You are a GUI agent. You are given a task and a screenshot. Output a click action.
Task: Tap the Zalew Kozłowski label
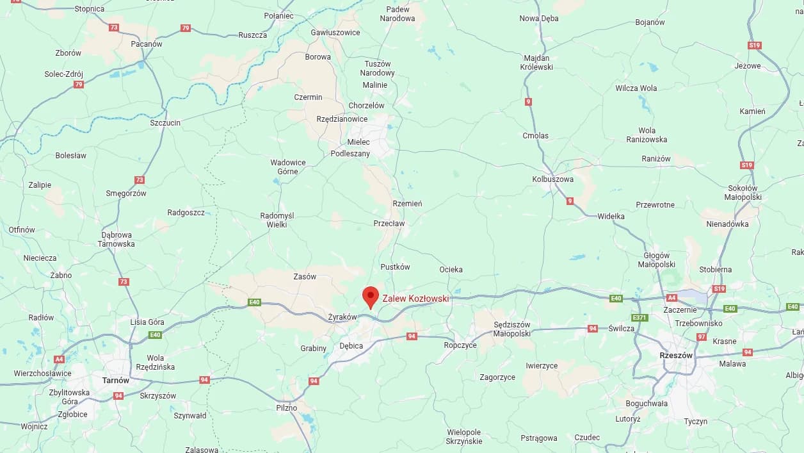[415, 299]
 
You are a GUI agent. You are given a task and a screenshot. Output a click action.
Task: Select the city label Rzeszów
[676, 355]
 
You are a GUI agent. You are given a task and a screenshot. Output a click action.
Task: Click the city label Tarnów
[115, 380]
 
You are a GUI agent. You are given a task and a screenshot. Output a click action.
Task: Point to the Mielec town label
[358, 142]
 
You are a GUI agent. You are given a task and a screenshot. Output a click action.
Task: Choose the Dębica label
[351, 346]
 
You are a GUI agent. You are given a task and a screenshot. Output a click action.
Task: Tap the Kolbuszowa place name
[553, 179]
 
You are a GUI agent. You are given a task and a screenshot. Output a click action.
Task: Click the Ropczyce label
[460, 345]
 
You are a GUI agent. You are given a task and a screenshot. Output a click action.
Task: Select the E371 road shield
[639, 318]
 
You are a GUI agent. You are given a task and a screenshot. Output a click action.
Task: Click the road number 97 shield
[702, 337]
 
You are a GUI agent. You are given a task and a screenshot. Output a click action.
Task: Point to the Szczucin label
[165, 122]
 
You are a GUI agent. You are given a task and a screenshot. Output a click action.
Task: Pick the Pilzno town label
[287, 408]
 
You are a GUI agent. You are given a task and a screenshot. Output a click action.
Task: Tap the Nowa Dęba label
[539, 19]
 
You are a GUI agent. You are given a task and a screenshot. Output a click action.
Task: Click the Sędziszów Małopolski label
[512, 329]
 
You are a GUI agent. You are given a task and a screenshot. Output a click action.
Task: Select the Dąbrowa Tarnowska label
[116, 239]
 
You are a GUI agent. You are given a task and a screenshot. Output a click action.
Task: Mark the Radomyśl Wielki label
[277, 220]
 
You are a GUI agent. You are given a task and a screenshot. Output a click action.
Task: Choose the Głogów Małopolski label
[657, 259]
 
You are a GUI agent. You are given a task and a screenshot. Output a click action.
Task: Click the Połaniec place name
[278, 15]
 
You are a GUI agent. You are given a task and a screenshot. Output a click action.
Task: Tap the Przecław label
[389, 224]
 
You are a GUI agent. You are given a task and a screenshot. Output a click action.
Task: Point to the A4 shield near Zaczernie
[671, 298]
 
